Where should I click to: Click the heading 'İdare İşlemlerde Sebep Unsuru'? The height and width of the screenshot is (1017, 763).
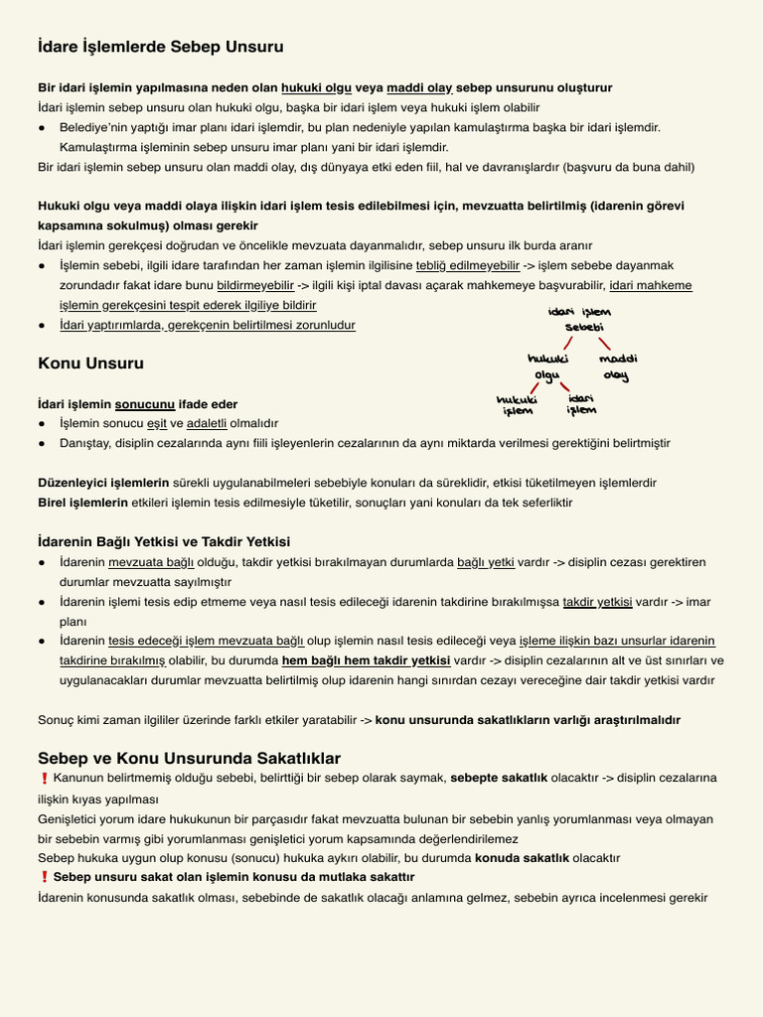pyautogui.click(x=160, y=47)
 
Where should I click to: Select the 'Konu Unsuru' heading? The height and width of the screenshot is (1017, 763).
pyautogui.click(x=90, y=363)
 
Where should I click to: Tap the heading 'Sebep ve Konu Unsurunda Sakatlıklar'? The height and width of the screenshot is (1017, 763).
pyautogui.click(x=189, y=758)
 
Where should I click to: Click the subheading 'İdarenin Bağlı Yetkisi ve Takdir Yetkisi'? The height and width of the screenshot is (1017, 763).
pyautogui.click(x=164, y=541)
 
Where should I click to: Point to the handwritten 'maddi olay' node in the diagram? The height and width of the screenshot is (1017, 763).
pyautogui.click(x=618, y=366)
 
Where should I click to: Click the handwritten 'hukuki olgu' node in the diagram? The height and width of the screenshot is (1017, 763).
pyautogui.click(x=547, y=366)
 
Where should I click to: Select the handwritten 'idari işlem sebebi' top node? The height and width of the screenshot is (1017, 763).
pyautogui.click(x=583, y=319)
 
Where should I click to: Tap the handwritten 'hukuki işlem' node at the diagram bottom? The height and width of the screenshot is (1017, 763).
pyautogui.click(x=517, y=405)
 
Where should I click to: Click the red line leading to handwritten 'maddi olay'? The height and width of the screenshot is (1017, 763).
pyautogui.click(x=604, y=342)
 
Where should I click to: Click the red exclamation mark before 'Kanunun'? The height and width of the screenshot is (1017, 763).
pyautogui.click(x=44, y=779)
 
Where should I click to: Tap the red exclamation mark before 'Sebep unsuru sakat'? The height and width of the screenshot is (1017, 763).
pyautogui.click(x=44, y=877)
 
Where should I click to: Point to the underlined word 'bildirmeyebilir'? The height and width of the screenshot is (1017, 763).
pyautogui.click(x=255, y=285)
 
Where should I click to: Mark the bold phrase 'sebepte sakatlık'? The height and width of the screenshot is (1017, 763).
pyautogui.click(x=499, y=778)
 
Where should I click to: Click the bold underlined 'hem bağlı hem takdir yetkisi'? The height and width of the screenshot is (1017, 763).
pyautogui.click(x=366, y=660)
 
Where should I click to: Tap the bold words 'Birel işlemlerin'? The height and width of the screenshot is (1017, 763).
pyautogui.click(x=83, y=503)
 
